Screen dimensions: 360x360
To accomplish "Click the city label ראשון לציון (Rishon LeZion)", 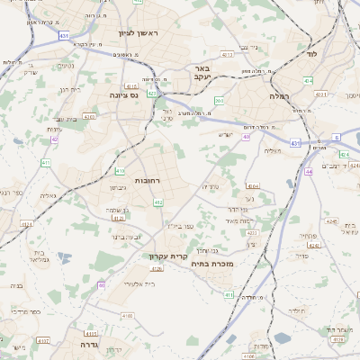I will pyautogui.click(x=137, y=33).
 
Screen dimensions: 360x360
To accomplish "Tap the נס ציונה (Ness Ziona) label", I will pyautogui.click(x=122, y=94).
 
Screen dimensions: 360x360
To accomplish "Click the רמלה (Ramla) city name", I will pyautogui.click(x=278, y=94).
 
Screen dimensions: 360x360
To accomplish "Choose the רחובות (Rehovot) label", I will pyautogui.click(x=148, y=180).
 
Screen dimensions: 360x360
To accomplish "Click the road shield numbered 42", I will pyautogui.click(x=55, y=139).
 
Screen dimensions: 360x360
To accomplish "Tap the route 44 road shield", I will pyautogui.click(x=309, y=171).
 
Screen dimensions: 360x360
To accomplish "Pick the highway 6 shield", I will pyautogui.click(x=336, y=138).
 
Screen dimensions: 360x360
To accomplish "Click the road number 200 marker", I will pyautogui.click(x=219, y=101).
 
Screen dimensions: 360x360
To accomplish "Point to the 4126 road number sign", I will pyautogui.click(x=157, y=268).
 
